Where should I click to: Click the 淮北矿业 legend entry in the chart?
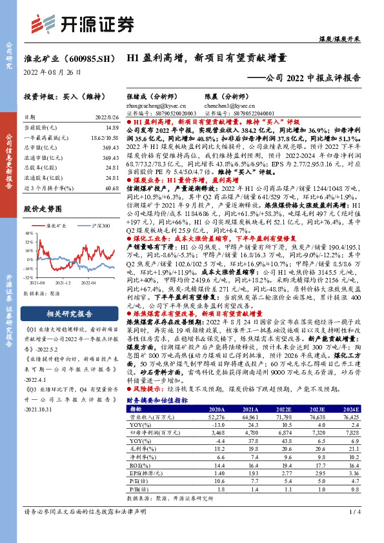[x=57, y=226]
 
